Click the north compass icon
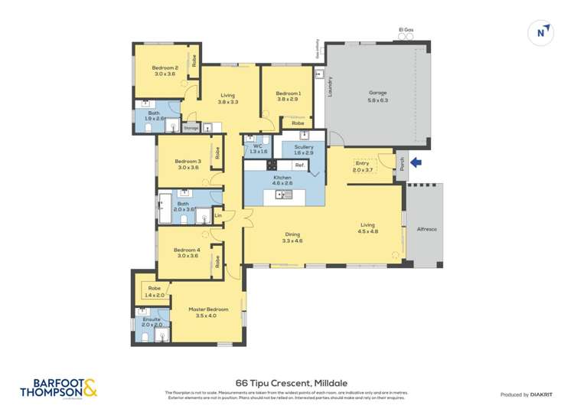click(541, 31)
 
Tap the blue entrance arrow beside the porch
click(416, 162)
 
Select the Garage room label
click(378, 97)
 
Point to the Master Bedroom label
click(207, 312)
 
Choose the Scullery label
click(304, 150)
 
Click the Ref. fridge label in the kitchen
click(300, 165)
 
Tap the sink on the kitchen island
click(285, 195)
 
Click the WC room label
click(254, 148)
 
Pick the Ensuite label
click(152, 321)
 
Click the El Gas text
click(406, 30)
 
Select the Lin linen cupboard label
click(218, 215)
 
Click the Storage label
click(191, 128)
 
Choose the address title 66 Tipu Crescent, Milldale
click(286, 380)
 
